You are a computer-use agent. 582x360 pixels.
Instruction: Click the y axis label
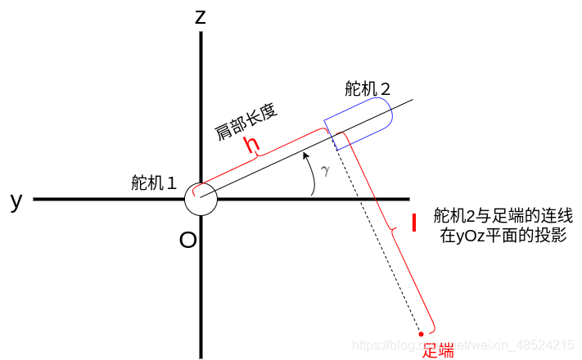point(16,200)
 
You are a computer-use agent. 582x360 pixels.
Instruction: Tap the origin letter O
point(187,240)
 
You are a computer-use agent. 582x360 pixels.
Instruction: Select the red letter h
point(254,145)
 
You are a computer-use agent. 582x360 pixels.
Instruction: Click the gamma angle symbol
point(325,170)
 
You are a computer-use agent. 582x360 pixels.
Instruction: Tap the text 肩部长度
point(247,122)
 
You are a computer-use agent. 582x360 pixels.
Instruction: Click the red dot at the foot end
point(421,333)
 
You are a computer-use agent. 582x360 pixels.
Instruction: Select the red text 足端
point(438,350)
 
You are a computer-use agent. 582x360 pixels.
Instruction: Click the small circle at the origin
point(200,199)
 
